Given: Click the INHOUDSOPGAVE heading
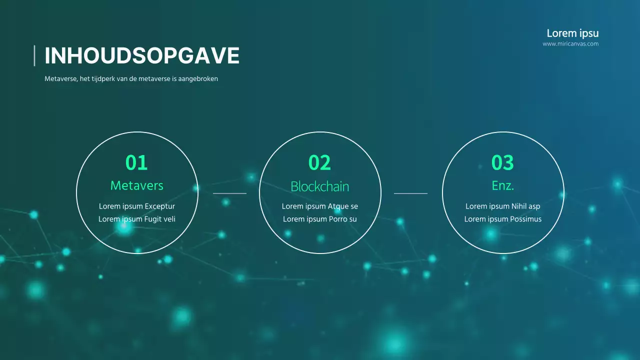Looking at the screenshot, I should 142,55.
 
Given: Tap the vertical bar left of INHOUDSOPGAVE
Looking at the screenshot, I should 34,55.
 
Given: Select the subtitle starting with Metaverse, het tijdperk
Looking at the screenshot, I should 131,79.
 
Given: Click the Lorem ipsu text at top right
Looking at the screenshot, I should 572,33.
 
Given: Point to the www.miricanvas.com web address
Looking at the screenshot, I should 570,44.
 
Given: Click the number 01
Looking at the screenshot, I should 136,162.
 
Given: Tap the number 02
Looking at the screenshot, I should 319,162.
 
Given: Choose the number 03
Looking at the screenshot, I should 502,162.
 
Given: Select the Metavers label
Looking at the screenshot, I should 136,185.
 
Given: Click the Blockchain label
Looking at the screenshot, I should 319,186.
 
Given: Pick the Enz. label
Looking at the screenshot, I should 502,185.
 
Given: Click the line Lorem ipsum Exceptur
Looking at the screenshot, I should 136,206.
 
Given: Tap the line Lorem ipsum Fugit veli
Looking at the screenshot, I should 136,219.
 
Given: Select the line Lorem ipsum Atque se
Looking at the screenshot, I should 319,206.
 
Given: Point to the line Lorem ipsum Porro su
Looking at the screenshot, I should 319,219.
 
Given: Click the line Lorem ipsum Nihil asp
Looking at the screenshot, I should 502,206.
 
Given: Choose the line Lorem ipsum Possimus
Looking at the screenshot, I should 502,219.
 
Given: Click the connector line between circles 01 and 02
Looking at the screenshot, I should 229,193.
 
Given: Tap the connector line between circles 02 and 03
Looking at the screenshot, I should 410,193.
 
